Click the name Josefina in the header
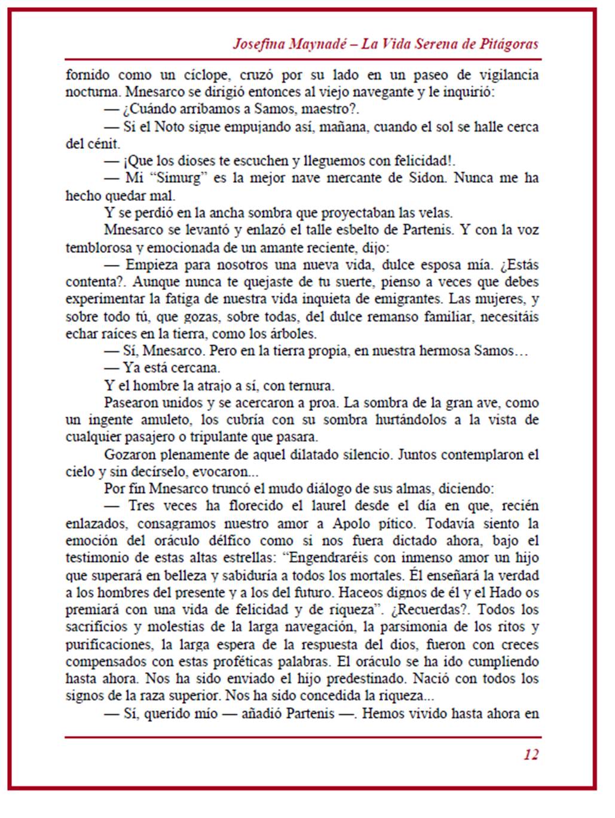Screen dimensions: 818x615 pos(258,44)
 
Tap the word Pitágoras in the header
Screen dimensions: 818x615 pos(508,44)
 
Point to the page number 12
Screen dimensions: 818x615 pos(531,755)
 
